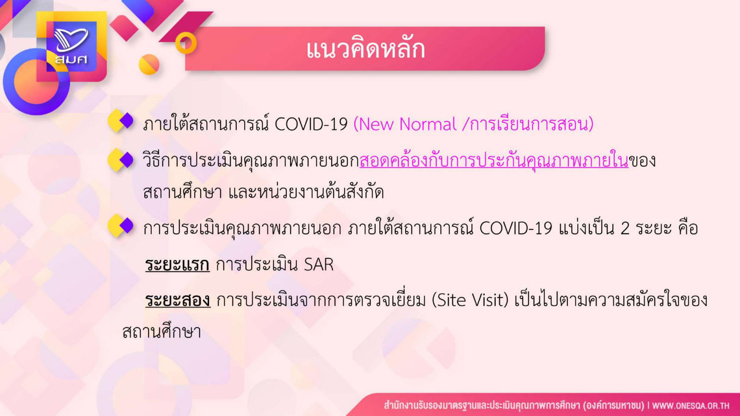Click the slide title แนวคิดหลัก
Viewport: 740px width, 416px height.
[365, 49]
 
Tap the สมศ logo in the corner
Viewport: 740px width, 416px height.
[71, 46]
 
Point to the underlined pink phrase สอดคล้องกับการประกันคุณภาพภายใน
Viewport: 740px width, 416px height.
[494, 160]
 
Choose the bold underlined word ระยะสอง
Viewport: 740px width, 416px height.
[178, 300]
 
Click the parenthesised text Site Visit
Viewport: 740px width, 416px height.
[470, 300]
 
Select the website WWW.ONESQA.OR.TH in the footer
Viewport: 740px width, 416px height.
[691, 405]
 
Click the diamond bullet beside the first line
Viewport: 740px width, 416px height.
[121, 121]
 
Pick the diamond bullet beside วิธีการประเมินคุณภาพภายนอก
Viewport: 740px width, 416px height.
[121, 160]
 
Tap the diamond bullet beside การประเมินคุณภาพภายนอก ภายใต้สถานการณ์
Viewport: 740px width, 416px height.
[121, 226]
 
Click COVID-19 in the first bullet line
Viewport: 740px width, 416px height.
[311, 124]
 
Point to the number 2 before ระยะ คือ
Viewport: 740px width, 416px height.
[625, 228]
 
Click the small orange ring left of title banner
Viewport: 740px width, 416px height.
[185, 43]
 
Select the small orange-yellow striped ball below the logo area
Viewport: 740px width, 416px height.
[149, 64]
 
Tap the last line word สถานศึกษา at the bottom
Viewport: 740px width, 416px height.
[161, 332]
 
